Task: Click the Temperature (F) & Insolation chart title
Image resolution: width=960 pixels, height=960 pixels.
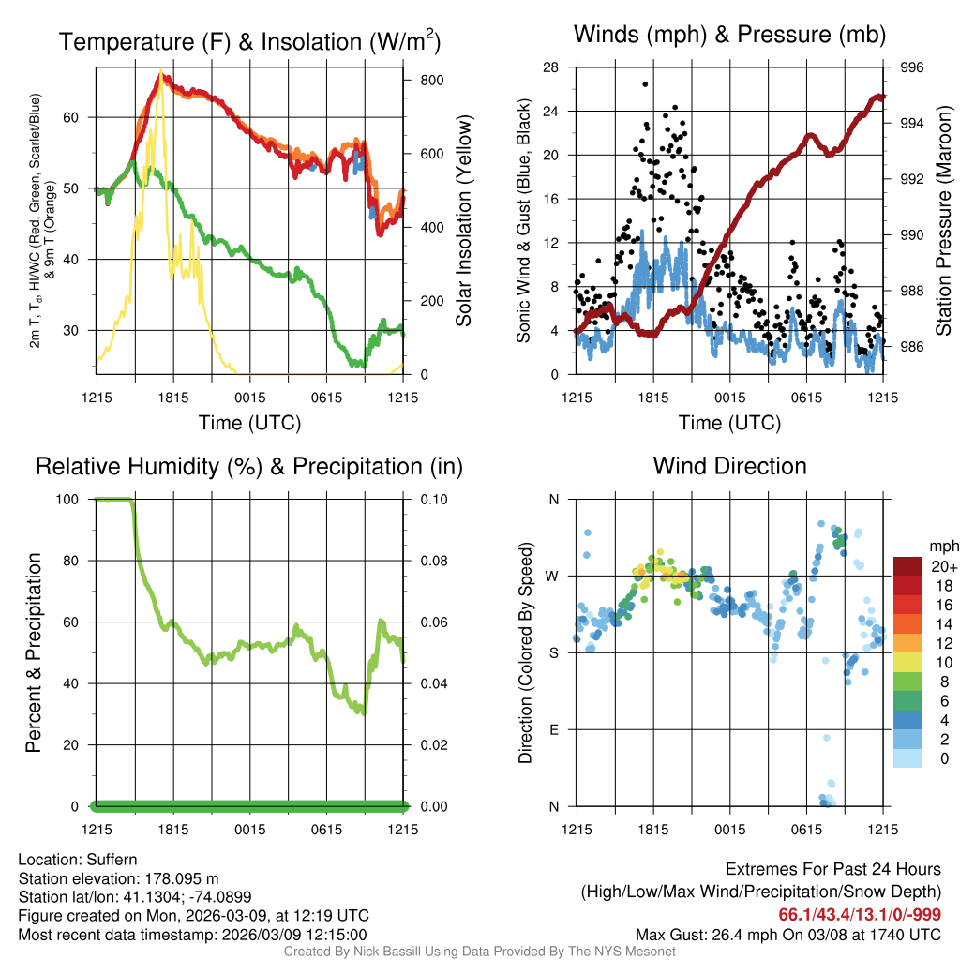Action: (x=249, y=41)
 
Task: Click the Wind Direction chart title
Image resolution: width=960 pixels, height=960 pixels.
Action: (x=729, y=466)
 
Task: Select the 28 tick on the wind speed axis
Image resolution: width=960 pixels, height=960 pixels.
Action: (x=550, y=67)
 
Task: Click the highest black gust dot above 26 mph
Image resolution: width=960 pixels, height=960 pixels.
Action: (x=645, y=84)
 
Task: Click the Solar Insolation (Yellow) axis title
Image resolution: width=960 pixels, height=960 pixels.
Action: (x=464, y=221)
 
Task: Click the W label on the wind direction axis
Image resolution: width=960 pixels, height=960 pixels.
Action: (x=553, y=576)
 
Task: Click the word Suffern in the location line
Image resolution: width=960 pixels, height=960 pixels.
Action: (x=112, y=860)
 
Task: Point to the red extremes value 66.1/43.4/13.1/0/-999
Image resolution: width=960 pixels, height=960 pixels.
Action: (x=860, y=915)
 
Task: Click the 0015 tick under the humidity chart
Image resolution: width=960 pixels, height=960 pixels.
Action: (x=248, y=830)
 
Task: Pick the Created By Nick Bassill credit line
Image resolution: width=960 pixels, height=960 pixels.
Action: (x=479, y=952)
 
